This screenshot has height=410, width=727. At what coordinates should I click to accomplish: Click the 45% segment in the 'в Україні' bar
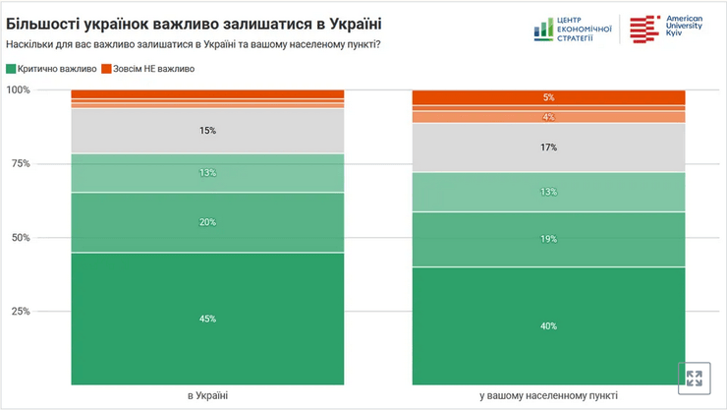tap(207, 319)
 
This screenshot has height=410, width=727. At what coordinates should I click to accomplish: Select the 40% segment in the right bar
tap(548, 325)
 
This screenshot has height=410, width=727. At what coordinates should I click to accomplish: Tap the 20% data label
tap(207, 222)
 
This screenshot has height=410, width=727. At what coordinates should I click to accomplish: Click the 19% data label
tap(548, 239)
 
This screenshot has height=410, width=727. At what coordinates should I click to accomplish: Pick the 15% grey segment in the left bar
tap(207, 131)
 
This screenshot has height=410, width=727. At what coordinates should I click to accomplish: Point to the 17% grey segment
tap(548, 147)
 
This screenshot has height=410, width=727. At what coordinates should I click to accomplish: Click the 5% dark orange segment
tap(548, 97)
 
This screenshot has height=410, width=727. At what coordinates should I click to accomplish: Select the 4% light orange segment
tap(548, 117)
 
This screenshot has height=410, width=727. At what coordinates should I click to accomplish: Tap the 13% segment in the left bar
tap(207, 173)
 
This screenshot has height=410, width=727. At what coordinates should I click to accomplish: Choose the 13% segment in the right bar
tap(548, 192)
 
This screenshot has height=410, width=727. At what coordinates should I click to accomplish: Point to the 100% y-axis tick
tap(19, 90)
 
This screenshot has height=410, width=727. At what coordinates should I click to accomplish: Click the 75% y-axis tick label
tap(21, 164)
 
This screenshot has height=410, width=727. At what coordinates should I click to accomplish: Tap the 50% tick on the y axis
tap(21, 238)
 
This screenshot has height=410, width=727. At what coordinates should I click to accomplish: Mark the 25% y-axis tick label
tap(21, 312)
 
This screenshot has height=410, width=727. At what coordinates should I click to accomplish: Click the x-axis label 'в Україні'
tap(207, 395)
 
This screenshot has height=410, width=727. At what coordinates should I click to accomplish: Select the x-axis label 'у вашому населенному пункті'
tap(548, 395)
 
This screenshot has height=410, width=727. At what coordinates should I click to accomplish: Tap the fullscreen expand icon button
tap(694, 379)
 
